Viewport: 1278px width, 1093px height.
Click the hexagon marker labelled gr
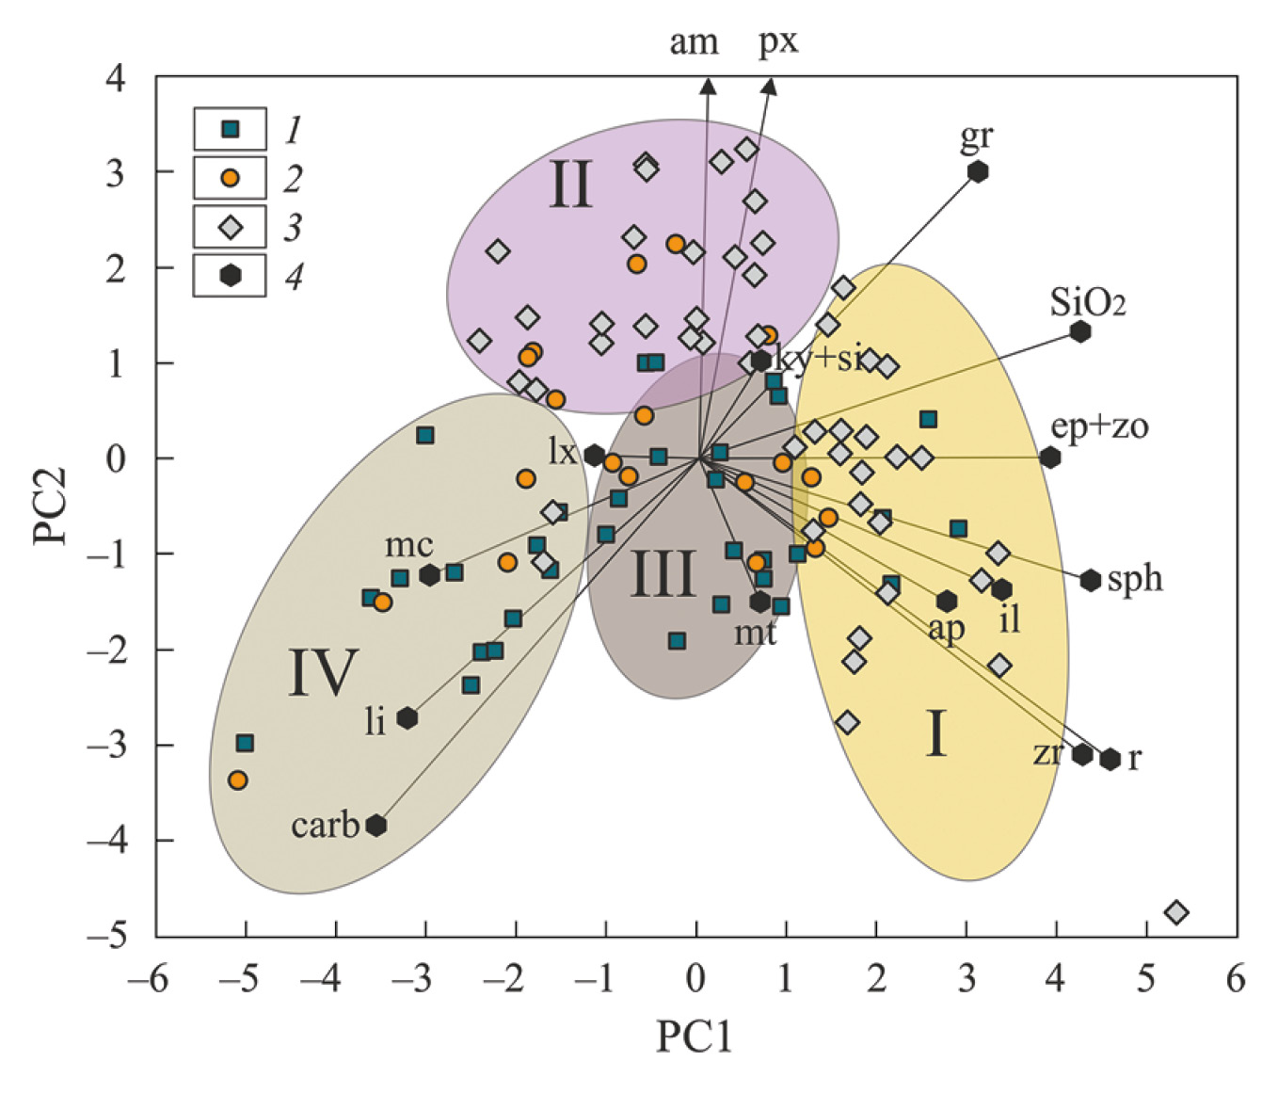[x=978, y=171]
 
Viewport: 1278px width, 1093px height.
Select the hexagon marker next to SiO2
[x=1080, y=331]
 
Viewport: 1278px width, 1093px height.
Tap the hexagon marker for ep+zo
[x=1050, y=458]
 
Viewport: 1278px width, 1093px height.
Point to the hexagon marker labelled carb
[x=376, y=826]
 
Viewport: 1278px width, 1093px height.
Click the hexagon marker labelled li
[x=407, y=718]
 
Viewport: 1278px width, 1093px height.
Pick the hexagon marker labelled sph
[x=1091, y=581]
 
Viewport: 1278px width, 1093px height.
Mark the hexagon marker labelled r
[x=1110, y=759]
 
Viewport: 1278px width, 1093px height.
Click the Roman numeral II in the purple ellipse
[x=570, y=185]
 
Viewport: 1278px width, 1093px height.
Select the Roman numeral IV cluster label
[x=323, y=672]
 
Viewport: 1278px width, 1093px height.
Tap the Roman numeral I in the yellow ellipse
[x=935, y=734]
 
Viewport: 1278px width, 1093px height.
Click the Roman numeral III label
[x=663, y=573]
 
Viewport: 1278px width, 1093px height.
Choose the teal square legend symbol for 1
[x=230, y=129]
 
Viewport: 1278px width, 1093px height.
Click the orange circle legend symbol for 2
[x=230, y=177]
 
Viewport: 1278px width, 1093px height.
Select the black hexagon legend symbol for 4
[x=230, y=275]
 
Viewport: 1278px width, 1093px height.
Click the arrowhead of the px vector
[x=770, y=85]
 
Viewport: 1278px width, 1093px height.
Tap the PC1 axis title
[x=694, y=1037]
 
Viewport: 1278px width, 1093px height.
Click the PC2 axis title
[x=50, y=506]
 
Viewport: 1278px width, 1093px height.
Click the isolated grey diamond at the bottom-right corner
[x=1176, y=912]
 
